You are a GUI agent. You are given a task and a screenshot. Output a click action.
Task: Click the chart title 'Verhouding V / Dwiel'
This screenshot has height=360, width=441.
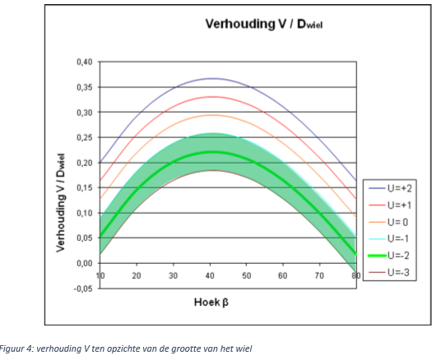click(264, 24)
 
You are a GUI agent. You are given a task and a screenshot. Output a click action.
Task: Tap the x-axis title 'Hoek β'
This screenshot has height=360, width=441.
click(211, 302)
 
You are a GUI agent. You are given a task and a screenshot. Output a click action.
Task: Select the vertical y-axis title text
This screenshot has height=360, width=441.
click(60, 203)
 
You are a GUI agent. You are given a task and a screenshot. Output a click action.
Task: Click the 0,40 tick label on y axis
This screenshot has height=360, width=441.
click(85, 62)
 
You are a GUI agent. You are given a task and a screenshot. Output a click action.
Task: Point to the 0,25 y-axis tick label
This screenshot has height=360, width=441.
click(85, 138)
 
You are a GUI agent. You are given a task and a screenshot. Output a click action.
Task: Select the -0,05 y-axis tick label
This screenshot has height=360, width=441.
click(83, 288)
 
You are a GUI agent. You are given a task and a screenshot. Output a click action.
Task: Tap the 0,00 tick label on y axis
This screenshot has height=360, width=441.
click(85, 263)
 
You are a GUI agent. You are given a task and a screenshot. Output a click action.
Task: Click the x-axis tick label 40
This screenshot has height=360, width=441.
click(210, 276)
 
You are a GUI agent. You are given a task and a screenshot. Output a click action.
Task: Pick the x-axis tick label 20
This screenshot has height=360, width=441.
click(137, 276)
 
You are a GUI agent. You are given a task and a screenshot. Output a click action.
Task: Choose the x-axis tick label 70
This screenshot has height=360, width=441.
click(319, 276)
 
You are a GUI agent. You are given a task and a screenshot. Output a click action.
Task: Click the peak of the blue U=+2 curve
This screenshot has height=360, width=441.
click(212, 78)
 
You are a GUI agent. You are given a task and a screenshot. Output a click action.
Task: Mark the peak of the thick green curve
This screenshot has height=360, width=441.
click(212, 152)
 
